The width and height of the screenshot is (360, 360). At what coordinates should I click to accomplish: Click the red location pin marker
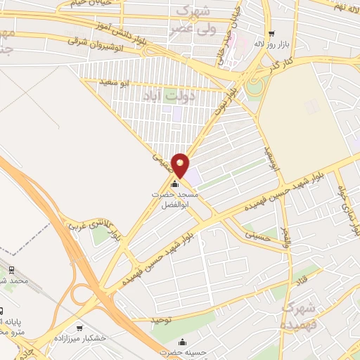click(x=181, y=165)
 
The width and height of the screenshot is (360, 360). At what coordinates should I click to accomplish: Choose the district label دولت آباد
click(x=168, y=94)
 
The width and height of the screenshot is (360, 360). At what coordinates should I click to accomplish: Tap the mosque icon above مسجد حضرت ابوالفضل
click(x=174, y=185)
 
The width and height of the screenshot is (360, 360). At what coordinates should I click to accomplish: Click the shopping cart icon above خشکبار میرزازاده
click(x=80, y=328)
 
